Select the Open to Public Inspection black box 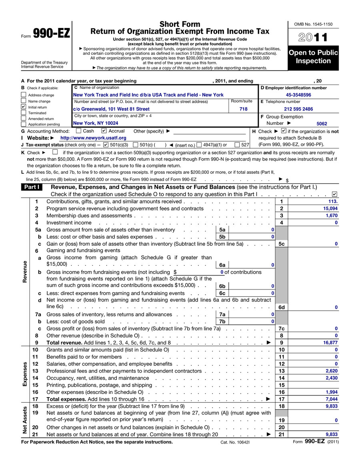313,57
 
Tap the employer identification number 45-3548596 298,95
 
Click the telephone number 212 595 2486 298,109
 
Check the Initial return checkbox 24,107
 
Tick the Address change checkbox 24,95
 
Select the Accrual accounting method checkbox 104,131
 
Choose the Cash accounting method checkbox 78,131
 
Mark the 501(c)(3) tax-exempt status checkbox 106,145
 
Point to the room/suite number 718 243,109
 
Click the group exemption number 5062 322,124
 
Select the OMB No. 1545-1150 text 313,24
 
